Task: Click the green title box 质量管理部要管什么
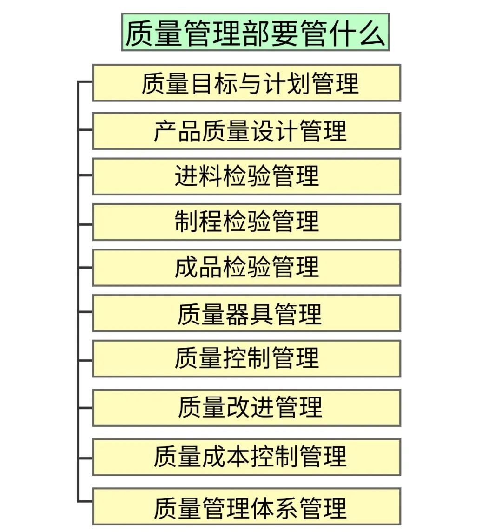255,32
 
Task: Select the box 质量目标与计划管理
246,83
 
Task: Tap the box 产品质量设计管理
246,131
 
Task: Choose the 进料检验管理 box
246,176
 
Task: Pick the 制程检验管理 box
246,222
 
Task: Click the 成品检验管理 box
246,267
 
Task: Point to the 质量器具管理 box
246,313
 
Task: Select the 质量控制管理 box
246,358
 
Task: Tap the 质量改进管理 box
246,408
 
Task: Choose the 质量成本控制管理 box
246,457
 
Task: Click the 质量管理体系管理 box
246,506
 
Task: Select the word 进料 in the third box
198,176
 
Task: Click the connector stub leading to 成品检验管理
86,268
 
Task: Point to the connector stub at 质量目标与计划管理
86,82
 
